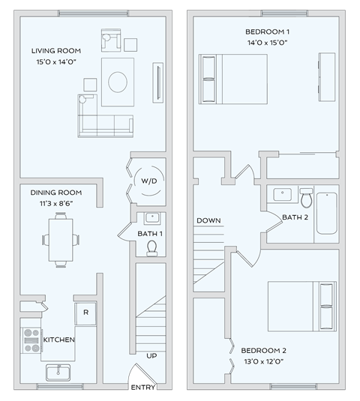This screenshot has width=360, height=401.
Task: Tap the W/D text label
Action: click(x=148, y=182)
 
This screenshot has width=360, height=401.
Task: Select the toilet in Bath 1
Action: click(x=152, y=247)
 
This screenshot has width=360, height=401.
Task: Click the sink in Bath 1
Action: click(x=152, y=219)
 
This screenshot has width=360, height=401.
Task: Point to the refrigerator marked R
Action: click(x=85, y=312)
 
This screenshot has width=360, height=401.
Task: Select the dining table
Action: click(x=61, y=239)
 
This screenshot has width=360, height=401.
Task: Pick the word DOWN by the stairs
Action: click(x=208, y=220)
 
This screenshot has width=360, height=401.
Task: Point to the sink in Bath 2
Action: click(x=282, y=193)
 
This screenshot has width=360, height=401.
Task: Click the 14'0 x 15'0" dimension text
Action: click(x=267, y=43)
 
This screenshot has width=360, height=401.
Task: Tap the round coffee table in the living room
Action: click(x=120, y=81)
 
